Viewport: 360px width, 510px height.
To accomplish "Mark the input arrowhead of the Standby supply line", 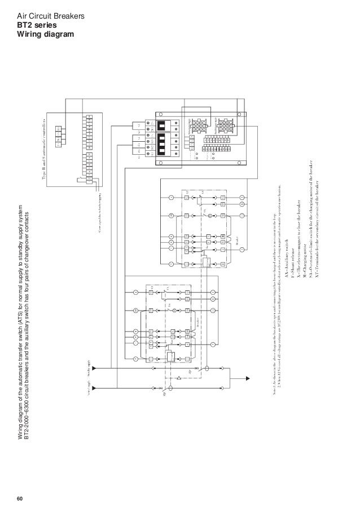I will (95, 367).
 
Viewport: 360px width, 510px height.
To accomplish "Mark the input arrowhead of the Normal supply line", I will (95, 389).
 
